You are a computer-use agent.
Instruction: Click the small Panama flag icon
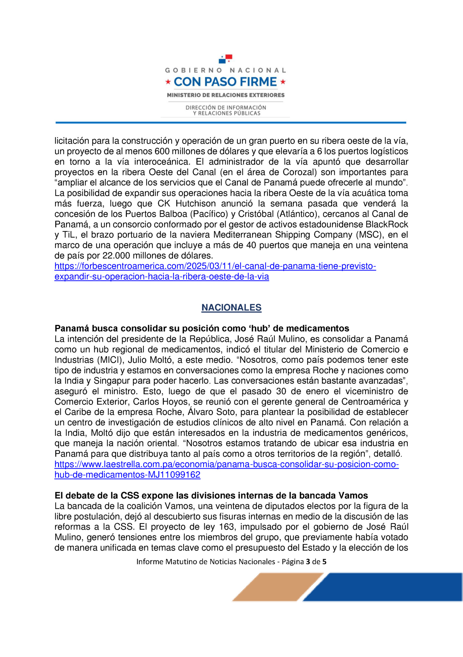[225, 59]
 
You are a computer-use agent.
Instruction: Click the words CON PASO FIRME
[225, 82]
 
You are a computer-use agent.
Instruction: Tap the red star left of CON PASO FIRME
[168, 82]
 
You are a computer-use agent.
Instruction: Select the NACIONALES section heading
[231, 307]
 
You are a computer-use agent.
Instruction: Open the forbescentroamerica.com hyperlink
[215, 271]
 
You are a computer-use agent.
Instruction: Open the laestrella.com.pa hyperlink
[226, 469]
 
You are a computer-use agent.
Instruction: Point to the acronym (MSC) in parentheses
[368, 235]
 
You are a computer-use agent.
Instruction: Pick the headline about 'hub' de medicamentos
[202, 328]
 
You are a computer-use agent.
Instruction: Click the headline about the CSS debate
[211, 496]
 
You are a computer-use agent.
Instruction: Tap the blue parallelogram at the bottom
[383, 587]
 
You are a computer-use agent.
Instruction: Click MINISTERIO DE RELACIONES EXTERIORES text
[226, 95]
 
